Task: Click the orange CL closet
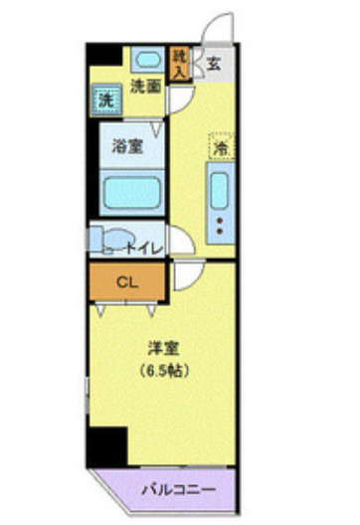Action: (127, 281)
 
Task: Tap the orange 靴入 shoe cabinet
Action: (180, 64)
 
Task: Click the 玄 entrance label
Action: (214, 65)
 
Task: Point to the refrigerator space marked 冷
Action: (221, 146)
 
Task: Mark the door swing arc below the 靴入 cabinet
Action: (180, 98)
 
